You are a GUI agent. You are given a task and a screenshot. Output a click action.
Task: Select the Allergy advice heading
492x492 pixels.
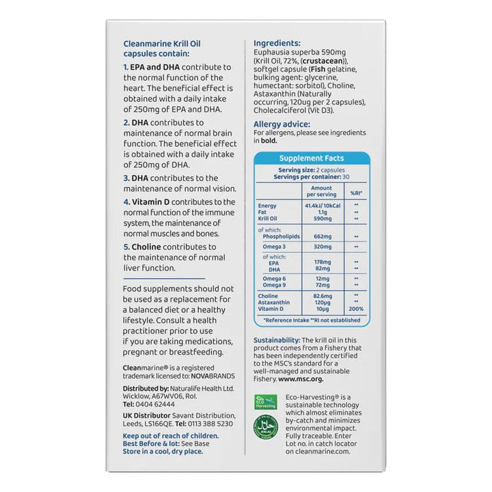pyautogui.click(x=282, y=124)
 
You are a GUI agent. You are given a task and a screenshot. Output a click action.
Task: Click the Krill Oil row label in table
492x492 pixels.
pyautogui.click(x=269, y=218)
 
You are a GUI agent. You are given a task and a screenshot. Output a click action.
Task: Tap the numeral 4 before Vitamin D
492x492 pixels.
pyautogui.click(x=126, y=203)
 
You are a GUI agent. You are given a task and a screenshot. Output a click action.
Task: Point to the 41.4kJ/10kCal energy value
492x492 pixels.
pyautogui.click(x=321, y=206)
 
